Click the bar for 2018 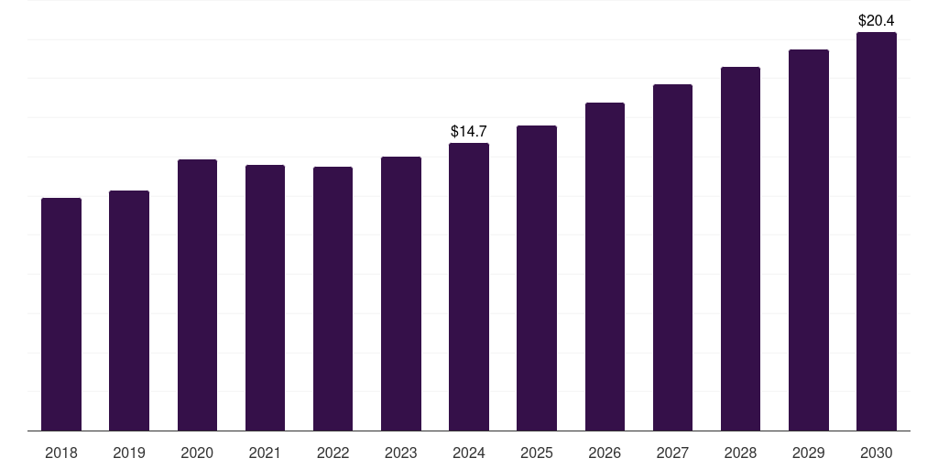[x=61, y=314]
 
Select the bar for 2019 [x=129, y=311]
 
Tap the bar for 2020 [x=197, y=295]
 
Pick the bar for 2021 [x=265, y=298]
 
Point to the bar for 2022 [x=333, y=299]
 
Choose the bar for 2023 [x=401, y=293]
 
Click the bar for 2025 [x=537, y=278]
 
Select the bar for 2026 [x=605, y=267]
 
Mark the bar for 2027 [x=672, y=257]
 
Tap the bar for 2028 [x=740, y=248]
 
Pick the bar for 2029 [x=809, y=240]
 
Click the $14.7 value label [x=469, y=132]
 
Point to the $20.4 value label [x=876, y=20]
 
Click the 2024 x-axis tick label [x=469, y=453]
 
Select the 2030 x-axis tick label [x=877, y=453]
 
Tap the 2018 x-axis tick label [x=61, y=453]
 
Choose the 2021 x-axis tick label [x=265, y=453]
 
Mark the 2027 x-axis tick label [x=672, y=453]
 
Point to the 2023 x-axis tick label [x=401, y=453]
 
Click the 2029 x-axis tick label [x=809, y=453]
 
